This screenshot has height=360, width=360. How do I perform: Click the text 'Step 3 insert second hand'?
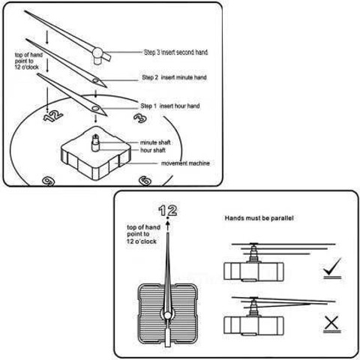pos(175,52)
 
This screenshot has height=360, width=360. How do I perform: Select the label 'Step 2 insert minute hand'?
pos(174,77)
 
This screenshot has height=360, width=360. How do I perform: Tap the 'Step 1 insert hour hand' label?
pos(170,106)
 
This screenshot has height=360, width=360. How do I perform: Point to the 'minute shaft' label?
pos(155,142)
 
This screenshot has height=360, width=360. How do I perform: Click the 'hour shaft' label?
pos(153,150)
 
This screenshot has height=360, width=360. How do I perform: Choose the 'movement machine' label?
pos(185,163)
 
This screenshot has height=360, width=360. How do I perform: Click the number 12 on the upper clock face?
pos(53,115)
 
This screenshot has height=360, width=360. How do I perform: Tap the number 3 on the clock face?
pos(140,118)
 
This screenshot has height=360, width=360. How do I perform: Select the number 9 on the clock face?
pos(48,181)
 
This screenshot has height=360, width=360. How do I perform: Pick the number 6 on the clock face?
pos(145,181)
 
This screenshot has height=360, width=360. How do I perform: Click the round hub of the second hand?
pos(97,53)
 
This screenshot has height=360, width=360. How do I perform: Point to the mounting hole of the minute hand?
pos(95,80)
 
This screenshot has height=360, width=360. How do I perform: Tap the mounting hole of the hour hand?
pos(95,109)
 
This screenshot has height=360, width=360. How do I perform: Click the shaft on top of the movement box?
pos(95,143)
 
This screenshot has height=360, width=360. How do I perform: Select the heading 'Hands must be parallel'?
pos(259,218)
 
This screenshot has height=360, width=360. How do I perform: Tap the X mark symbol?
pos(331,323)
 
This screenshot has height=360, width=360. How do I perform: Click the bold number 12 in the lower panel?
pos(168,211)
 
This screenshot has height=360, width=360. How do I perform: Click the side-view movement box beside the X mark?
pos(253,325)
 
